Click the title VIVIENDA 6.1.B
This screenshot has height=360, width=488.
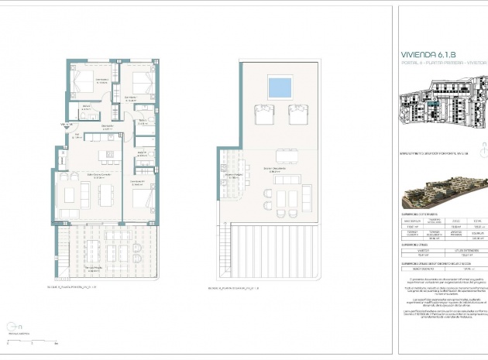click(x=427, y=55)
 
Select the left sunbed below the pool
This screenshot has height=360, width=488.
click(x=264, y=114)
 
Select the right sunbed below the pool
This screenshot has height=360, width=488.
click(x=297, y=114)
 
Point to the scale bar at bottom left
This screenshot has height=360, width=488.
click(x=31, y=341)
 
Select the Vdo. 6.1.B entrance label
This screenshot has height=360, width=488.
click(x=64, y=124)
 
